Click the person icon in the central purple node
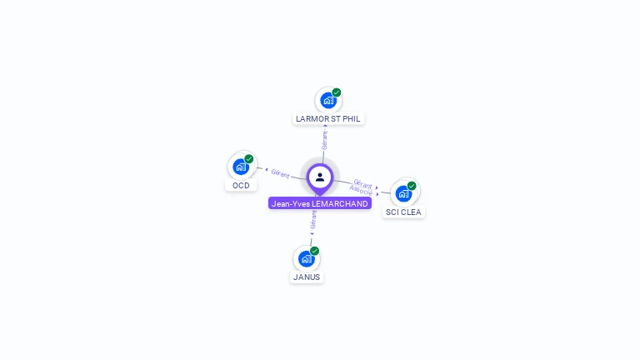(320, 177)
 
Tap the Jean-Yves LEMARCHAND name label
(320, 203)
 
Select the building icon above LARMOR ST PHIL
(328, 100)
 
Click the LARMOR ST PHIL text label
(328, 119)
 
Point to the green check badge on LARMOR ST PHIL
(337, 92)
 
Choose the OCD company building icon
(241, 166)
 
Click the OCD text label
(241, 185)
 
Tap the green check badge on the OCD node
(249, 158)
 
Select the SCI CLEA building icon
(404, 193)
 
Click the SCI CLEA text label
(404, 212)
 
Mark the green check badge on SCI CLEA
(412, 186)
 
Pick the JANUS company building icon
(307, 258)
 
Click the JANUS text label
(307, 277)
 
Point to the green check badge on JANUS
(314, 251)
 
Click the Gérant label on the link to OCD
(280, 174)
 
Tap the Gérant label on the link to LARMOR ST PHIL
(325, 139)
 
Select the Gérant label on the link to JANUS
(313, 219)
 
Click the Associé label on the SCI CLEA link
(361, 191)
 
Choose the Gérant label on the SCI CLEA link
(362, 183)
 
